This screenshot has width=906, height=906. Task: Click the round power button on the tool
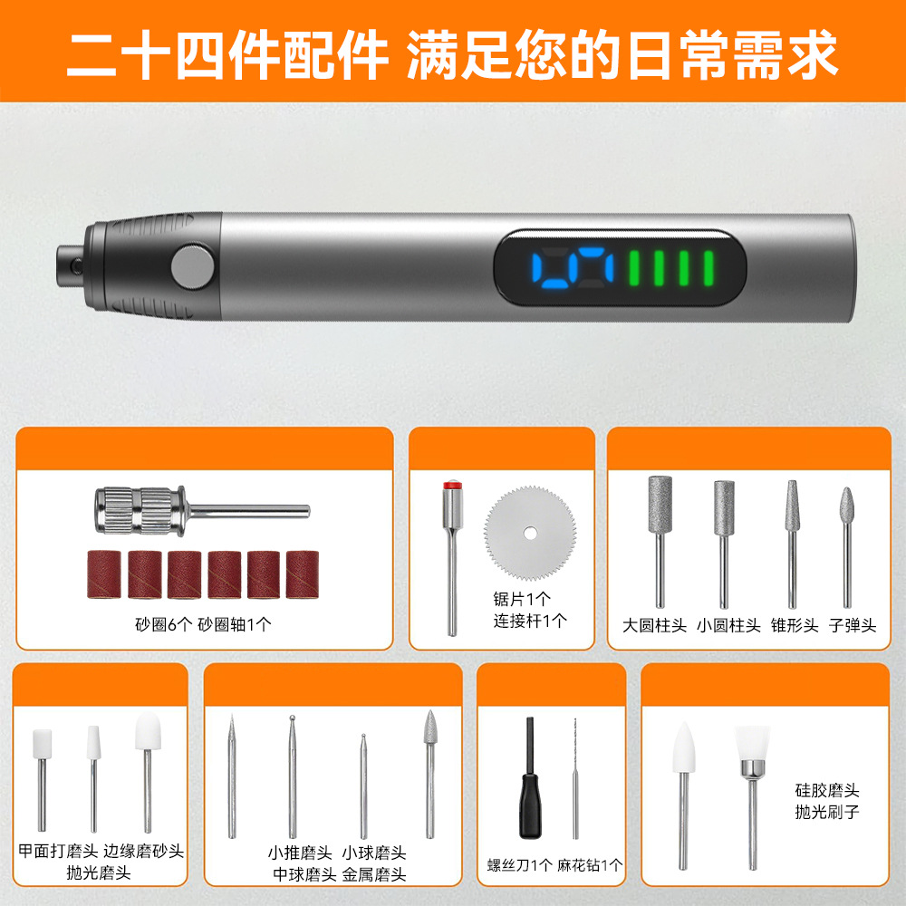coord(192,264)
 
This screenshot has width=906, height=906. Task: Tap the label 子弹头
coord(853,625)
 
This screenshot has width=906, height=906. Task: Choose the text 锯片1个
coord(522,598)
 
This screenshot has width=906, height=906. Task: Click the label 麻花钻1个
coord(590,865)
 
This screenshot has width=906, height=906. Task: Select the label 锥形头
coord(794,625)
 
